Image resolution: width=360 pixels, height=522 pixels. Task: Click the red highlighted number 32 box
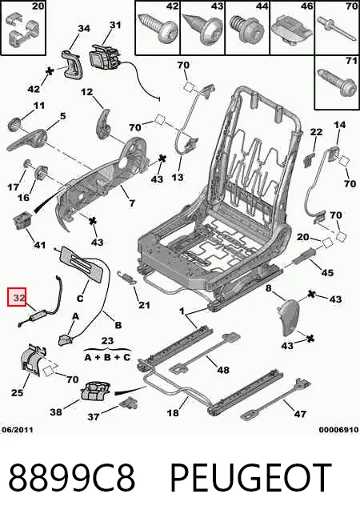click(17, 297)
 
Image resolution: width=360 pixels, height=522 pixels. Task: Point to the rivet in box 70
click(337, 29)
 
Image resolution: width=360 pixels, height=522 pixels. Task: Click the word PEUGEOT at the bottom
click(251, 477)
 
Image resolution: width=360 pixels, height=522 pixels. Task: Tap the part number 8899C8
click(72, 477)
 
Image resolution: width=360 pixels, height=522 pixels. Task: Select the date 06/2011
click(18, 430)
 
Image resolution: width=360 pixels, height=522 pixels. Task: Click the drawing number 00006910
click(338, 430)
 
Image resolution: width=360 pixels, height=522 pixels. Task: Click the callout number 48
click(223, 370)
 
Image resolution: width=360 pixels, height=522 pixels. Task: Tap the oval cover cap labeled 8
click(290, 316)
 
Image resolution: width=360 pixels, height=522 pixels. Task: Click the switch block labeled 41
click(22, 221)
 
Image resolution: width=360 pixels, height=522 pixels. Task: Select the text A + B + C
click(107, 358)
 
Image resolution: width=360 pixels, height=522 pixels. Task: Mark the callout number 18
click(173, 413)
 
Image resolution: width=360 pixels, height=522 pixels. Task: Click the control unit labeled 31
click(104, 57)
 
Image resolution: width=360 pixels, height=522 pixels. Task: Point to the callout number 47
click(300, 414)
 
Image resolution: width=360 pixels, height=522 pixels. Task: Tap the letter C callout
click(80, 298)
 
